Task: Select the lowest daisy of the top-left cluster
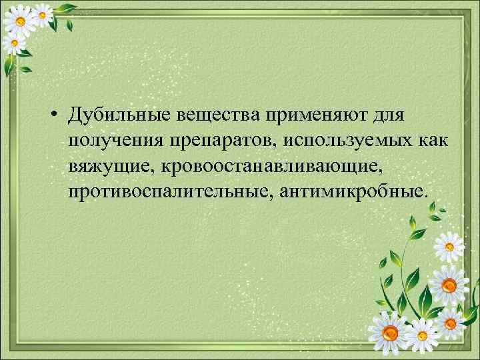(x=12, y=45)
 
